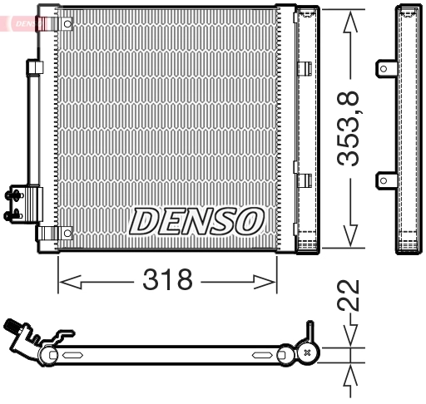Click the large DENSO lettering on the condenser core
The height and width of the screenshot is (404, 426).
[x=196, y=220]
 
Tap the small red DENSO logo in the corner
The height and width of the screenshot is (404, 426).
[x=25, y=22]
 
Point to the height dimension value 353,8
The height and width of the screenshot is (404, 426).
[x=352, y=129]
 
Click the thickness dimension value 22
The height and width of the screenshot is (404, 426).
[x=352, y=295]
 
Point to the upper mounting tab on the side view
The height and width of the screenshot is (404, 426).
[x=386, y=67]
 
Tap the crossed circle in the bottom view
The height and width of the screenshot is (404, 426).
[x=309, y=352]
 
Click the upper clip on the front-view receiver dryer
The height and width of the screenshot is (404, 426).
[x=305, y=69]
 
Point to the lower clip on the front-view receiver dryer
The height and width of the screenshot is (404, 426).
[x=305, y=179]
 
